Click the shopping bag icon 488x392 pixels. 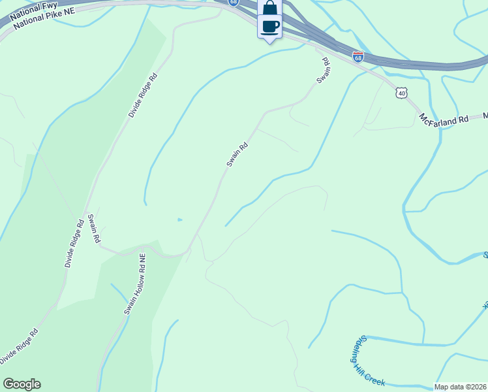(x=269, y=8)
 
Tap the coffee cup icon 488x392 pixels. (x=269, y=26)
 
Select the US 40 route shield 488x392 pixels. (x=401, y=93)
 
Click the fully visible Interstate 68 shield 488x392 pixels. (x=358, y=57)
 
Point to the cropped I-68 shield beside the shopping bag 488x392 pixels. (x=234, y=3)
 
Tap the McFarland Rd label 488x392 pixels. (x=444, y=120)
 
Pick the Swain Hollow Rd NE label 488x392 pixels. (x=134, y=285)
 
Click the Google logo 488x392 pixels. (x=22, y=384)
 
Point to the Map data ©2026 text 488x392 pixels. (x=461, y=387)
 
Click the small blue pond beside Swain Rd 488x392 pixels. (x=179, y=220)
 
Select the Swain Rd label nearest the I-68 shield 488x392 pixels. (x=324, y=71)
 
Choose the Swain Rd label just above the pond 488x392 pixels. (x=237, y=155)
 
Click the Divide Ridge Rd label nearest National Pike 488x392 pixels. (x=143, y=95)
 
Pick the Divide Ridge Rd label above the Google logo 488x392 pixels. (x=18, y=347)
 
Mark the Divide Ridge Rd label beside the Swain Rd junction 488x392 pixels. (x=74, y=243)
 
